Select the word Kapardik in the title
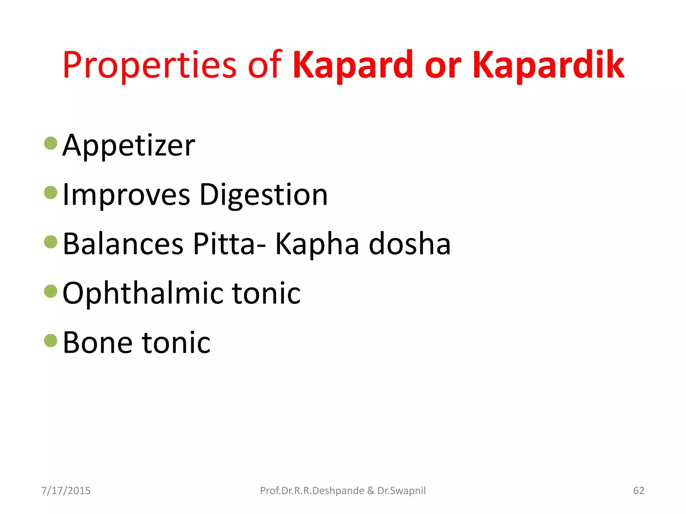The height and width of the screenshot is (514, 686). pos(548,65)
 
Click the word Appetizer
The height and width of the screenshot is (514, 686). pos(129,146)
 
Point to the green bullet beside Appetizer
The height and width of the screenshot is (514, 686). pos(51,143)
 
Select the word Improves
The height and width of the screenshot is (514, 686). pos(126,195)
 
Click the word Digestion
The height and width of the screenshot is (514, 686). pos(263,195)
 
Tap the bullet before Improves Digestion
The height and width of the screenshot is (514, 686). pos(51,192)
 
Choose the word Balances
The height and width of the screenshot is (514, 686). pos(123,244)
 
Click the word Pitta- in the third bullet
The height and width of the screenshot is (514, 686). pos(229,244)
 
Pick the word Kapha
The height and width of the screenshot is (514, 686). pos(317,244)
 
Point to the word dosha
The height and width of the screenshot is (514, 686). pos(410,244)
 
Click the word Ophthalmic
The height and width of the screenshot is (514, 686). pos(143,293)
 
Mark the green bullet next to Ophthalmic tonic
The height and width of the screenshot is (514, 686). pos(51,291)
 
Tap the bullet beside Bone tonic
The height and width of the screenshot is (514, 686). pos(51,340)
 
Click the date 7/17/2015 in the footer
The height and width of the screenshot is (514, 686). pos(66,491)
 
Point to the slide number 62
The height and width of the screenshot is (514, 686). pos(638,491)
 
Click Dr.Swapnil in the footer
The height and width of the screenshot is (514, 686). pos(402,491)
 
